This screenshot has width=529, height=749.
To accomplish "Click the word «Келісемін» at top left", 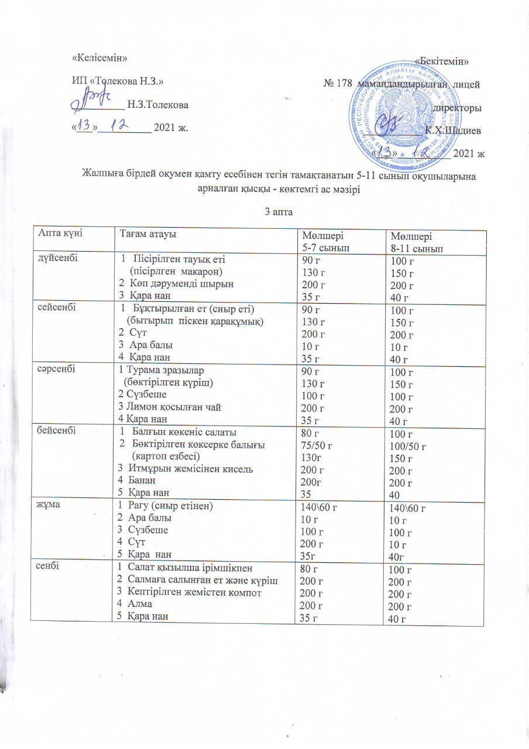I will coord(99,58).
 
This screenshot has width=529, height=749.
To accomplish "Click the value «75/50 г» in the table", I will coord(316,446).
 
